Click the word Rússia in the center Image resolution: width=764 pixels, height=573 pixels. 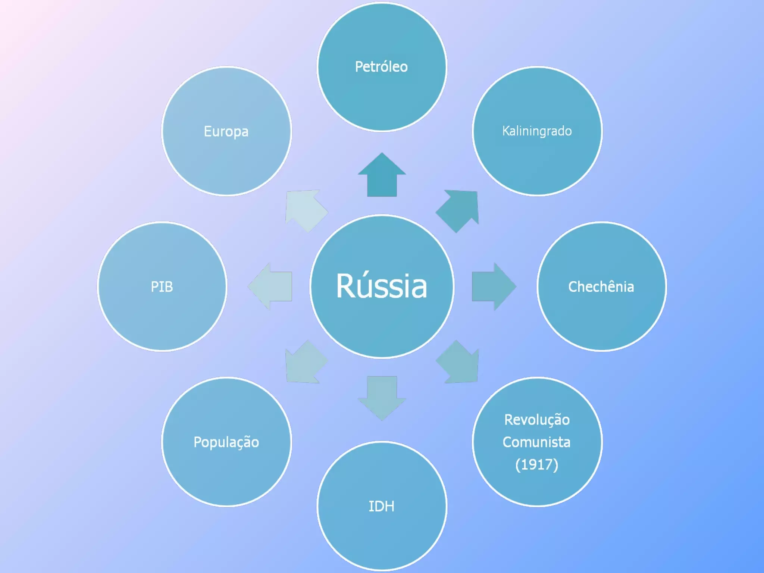pyautogui.click(x=382, y=286)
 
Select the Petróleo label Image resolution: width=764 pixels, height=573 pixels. pyautogui.click(x=381, y=67)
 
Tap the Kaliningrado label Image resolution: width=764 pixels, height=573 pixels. pyautogui.click(x=537, y=131)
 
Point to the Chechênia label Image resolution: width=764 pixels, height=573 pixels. pyautogui.click(x=601, y=286)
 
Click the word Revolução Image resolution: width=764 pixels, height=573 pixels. pyautogui.click(x=537, y=420)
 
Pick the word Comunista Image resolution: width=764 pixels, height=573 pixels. pyautogui.click(x=536, y=442)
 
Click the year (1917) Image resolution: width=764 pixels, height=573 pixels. pyautogui.click(x=536, y=464)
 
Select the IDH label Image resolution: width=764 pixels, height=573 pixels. pyautogui.click(x=381, y=506)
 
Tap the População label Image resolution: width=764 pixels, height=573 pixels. pyautogui.click(x=226, y=442)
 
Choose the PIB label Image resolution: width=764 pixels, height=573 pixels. pyautogui.click(x=162, y=286)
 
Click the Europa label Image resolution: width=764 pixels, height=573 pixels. pyautogui.click(x=226, y=131)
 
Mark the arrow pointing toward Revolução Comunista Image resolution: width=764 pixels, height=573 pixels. pyautogui.click(x=458, y=363)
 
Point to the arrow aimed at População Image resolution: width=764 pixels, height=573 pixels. pyautogui.click(x=305, y=363)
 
